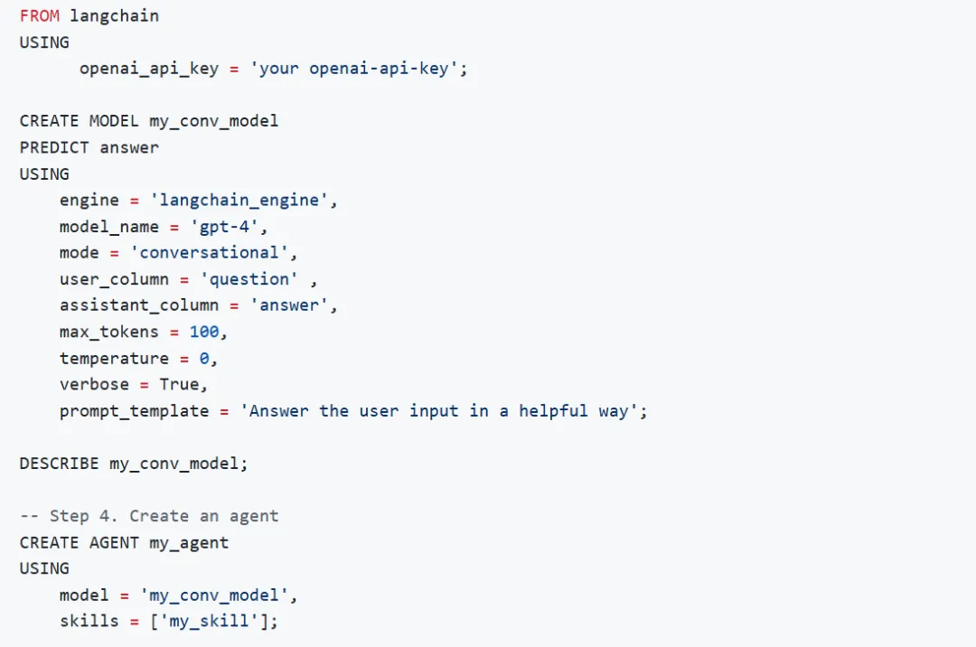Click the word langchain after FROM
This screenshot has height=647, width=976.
[114, 16]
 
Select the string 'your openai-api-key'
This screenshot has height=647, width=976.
[354, 69]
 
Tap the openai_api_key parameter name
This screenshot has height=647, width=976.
[148, 69]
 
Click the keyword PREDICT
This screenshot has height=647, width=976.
[54, 147]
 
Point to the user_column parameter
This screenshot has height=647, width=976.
[114, 278]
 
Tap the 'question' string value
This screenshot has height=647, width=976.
[249, 278]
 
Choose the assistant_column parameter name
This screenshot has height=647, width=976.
[138, 305]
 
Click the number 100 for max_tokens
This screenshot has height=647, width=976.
[203, 332]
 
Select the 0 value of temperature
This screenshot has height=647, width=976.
[204, 358]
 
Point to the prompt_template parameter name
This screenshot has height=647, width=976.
[134, 411]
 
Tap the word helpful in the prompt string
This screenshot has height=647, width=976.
[553, 411]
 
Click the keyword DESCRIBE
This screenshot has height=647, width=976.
[59, 464]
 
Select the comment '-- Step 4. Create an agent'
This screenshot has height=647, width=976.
[149, 516]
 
